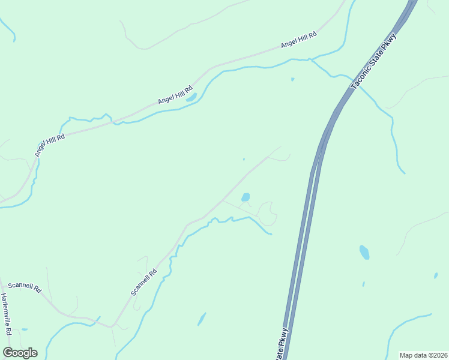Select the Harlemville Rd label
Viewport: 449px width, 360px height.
coord(6,314)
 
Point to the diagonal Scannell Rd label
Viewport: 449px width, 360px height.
coord(144,281)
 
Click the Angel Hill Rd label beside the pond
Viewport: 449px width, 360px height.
coord(174,94)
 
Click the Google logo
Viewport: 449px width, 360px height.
coord(20,353)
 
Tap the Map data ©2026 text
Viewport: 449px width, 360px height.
coord(423,355)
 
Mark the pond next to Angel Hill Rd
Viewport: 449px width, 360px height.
coord(191,97)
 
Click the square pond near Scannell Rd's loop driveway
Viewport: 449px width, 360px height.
coord(246,197)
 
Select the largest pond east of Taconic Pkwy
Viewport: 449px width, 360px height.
coord(364,252)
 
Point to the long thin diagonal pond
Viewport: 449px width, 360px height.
coord(202,319)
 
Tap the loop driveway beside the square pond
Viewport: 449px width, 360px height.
coord(267,214)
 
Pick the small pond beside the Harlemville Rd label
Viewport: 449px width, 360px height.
coord(24,329)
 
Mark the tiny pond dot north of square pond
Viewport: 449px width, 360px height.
coord(243,159)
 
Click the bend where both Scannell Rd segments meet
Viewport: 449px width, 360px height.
coord(112,326)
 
